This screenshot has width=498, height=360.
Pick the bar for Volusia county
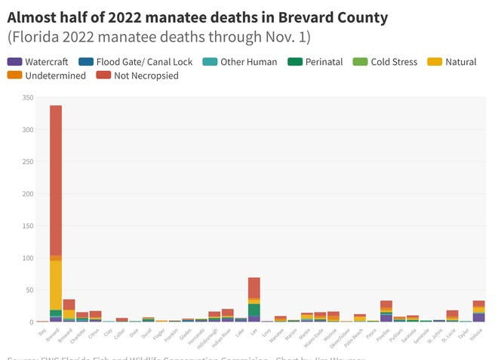478,311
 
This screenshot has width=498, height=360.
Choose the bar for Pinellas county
386,311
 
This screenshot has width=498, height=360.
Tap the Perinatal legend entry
318,62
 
